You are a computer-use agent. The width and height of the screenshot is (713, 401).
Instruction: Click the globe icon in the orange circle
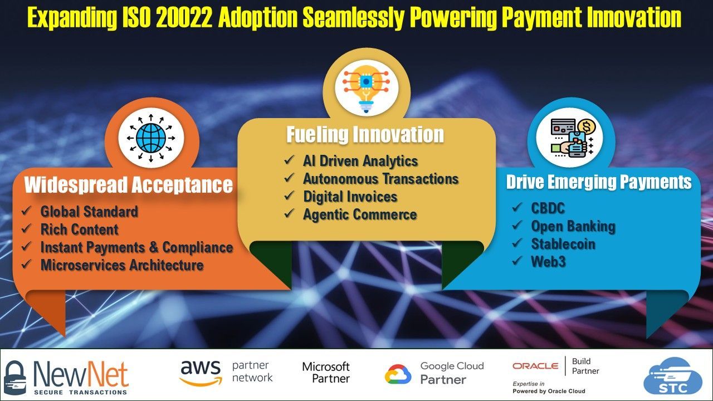[x=151, y=138]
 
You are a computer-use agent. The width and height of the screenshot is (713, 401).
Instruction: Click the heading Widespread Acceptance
[x=129, y=184]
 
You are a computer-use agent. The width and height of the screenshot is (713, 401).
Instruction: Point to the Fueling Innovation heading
[x=365, y=134]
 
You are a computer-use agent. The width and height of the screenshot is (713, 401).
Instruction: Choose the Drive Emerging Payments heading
[x=599, y=182]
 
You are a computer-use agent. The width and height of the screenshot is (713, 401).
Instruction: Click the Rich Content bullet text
[x=80, y=229]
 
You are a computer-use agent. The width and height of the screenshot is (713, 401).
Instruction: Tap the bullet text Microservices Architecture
[x=122, y=265]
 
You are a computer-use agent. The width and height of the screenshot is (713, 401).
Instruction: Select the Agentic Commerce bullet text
[x=360, y=214]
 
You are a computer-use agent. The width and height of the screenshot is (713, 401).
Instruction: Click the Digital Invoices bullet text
[x=350, y=197]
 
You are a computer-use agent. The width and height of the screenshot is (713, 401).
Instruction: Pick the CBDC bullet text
[x=548, y=208]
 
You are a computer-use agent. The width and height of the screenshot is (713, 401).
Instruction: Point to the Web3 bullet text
[x=549, y=262]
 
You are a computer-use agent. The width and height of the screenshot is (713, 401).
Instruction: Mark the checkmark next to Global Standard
[x=26, y=211]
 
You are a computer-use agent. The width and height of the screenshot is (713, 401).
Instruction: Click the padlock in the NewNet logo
[x=14, y=378]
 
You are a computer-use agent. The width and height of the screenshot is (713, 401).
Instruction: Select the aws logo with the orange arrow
[x=201, y=373]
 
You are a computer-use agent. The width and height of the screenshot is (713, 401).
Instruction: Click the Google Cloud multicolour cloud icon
[x=398, y=374]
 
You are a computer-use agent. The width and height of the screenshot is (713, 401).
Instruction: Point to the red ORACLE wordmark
[x=535, y=366]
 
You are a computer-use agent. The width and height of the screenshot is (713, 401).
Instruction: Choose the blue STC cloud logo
[x=672, y=377]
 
